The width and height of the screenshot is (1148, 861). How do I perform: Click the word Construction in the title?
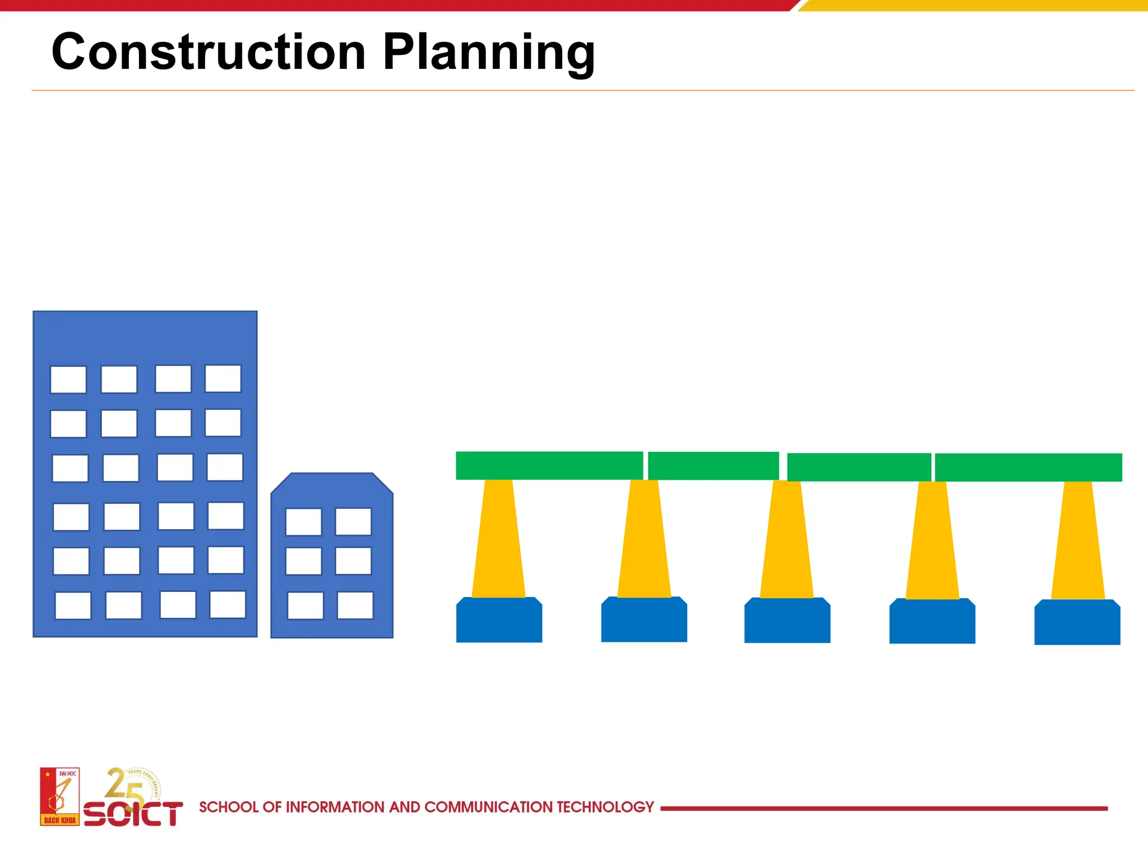[209, 52]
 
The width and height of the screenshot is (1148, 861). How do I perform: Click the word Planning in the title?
[488, 52]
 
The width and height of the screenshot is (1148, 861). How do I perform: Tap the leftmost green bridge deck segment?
[549, 465]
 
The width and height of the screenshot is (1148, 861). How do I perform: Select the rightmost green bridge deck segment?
[1028, 467]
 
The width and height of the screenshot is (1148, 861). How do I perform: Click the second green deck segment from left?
[713, 466]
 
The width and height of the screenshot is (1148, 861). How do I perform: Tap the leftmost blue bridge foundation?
[499, 621]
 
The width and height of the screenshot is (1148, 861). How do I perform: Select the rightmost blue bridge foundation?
[1077, 623]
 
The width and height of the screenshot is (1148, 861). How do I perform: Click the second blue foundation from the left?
[644, 621]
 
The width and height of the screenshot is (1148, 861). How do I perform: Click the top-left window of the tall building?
[68, 379]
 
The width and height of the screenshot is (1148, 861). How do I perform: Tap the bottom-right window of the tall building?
[228, 604]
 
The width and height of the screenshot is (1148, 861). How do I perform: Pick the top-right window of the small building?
[353, 522]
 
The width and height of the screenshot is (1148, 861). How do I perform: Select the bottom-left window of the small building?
[305, 605]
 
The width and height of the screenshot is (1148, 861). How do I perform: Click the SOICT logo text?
[133, 814]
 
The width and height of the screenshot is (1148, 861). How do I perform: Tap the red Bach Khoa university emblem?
[59, 797]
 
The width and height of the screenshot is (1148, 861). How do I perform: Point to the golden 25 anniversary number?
[123, 785]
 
